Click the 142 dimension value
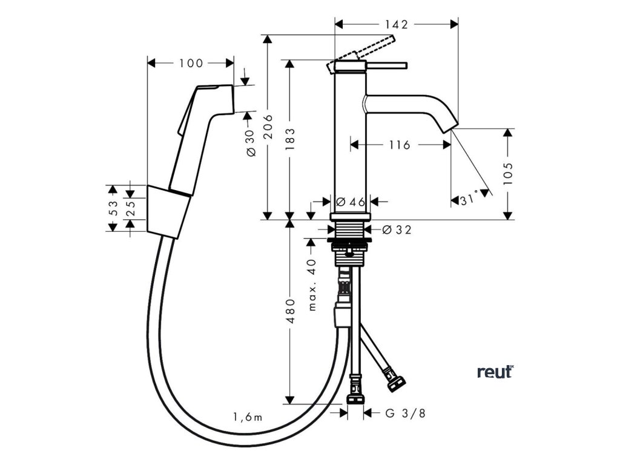pyautogui.click(x=397, y=24)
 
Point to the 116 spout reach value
pyautogui.click(x=400, y=145)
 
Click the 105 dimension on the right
pyautogui.click(x=508, y=173)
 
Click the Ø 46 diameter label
pyautogui.click(x=351, y=202)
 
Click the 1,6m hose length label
pyautogui.click(x=248, y=417)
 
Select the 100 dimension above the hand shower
pyautogui.click(x=191, y=63)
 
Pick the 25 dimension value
pyautogui.click(x=131, y=208)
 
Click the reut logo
pyautogui.click(x=495, y=372)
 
